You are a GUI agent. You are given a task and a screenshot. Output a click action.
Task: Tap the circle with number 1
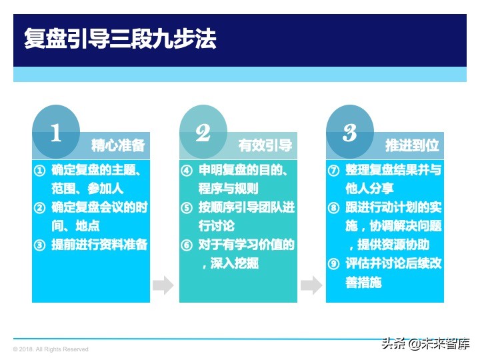tap(56, 132)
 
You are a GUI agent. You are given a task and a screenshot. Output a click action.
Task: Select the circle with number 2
tap(203, 132)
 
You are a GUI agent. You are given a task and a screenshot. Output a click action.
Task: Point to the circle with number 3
tap(350, 132)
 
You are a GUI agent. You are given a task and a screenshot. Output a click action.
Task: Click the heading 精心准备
tap(118, 145)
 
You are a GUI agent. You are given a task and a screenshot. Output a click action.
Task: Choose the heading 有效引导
tap(265, 145)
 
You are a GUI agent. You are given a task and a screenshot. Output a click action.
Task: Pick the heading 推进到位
tap(412, 145)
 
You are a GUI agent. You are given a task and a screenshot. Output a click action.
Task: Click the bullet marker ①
tap(40, 171)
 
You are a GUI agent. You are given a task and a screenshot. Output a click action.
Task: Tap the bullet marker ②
tap(40, 207)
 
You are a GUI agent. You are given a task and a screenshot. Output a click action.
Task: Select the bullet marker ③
tap(40, 245)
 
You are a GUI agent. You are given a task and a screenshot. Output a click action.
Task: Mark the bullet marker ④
tap(187, 171)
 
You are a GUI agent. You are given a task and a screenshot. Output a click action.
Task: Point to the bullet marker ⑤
tap(187, 207)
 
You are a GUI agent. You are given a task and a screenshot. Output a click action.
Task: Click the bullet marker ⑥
tap(187, 245)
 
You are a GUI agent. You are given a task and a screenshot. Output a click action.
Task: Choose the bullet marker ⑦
tap(334, 171)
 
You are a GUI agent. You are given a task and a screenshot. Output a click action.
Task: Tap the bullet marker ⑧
tap(334, 207)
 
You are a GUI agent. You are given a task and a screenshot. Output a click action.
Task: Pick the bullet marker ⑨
tap(334, 263)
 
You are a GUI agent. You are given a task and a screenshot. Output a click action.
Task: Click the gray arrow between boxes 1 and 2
tap(163, 286)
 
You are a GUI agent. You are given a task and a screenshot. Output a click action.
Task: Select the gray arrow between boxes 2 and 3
tap(311, 286)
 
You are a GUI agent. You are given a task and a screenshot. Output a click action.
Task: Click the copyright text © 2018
tap(51, 349)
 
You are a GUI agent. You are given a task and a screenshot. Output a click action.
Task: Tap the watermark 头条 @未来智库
tap(426, 344)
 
